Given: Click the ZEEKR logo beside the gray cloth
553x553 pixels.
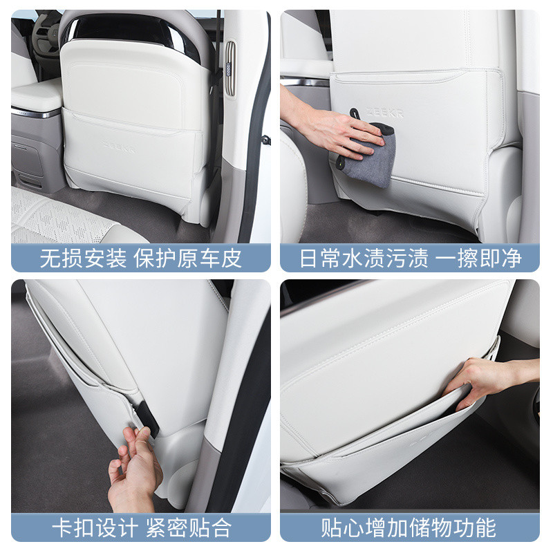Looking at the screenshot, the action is click(384, 113).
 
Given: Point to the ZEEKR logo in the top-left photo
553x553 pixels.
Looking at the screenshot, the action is click(120, 146).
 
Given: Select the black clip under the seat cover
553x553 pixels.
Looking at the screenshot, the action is click(147, 419).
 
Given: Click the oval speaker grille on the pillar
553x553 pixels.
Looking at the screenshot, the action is click(230, 68).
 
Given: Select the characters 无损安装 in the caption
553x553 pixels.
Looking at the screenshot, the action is click(83, 258).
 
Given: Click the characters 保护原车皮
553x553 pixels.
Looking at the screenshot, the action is click(187, 258).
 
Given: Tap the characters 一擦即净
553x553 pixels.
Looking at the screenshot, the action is click(478, 258).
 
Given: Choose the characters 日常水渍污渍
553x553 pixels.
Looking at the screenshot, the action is click(364, 258).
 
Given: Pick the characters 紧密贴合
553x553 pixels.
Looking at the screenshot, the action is click(189, 528).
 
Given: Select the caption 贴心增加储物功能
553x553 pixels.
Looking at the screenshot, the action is click(409, 528).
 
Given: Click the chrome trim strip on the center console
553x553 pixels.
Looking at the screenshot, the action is click(36, 113).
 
